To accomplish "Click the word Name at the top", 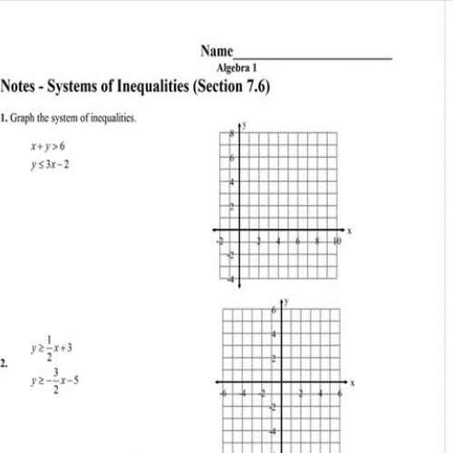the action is point(217,52).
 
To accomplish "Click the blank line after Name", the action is point(313,56).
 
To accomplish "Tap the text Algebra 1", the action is point(236,68).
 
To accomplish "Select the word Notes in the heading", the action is point(19,88).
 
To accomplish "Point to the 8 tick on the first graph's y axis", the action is point(232,133).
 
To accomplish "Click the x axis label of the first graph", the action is point(349,232).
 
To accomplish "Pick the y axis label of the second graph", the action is point(286,299).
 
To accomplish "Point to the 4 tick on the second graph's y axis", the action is point(274,335).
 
